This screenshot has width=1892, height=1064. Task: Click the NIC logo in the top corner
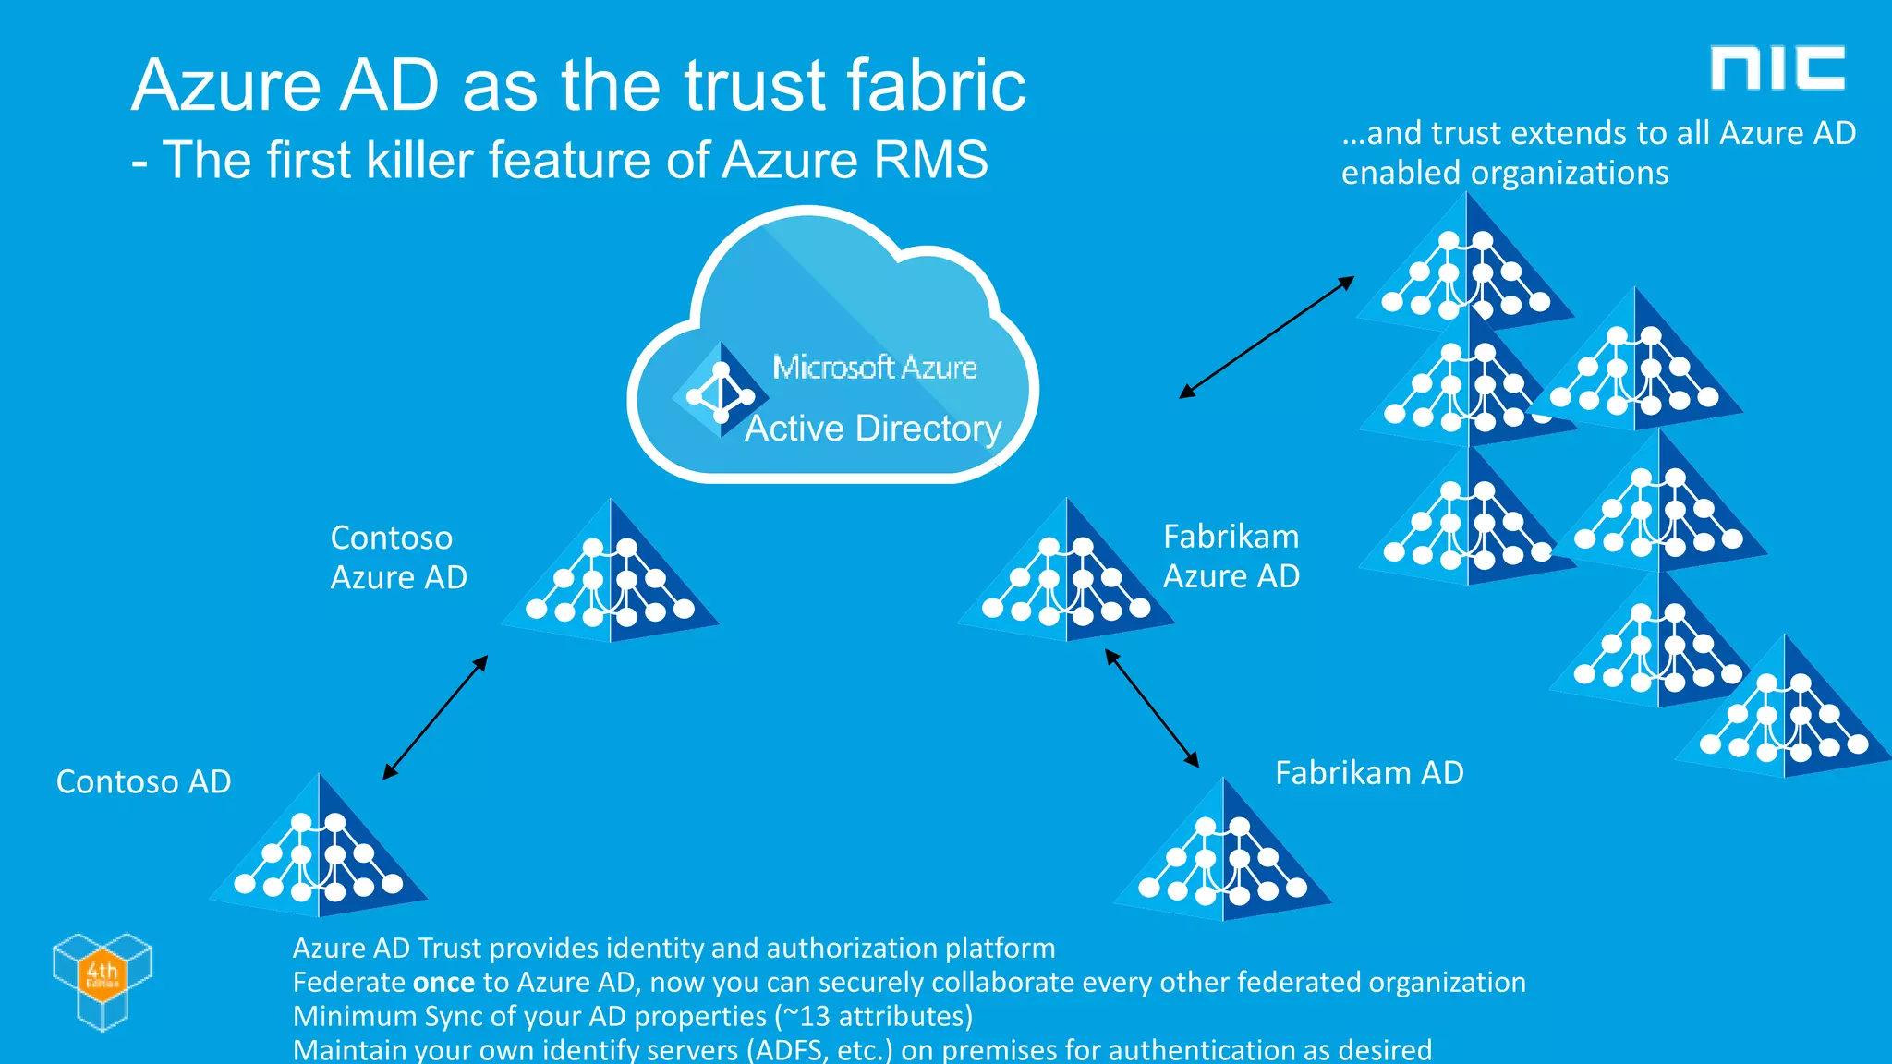click(x=1777, y=68)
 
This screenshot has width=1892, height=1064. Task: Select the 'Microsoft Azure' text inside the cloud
click(x=874, y=368)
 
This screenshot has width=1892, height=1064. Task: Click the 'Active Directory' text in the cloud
click(x=873, y=429)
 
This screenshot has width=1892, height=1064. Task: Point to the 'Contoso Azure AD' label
click(x=398, y=557)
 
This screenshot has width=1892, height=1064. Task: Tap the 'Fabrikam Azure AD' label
click(x=1231, y=556)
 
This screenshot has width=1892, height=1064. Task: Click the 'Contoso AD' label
click(x=143, y=781)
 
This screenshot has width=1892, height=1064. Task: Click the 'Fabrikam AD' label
click(x=1369, y=772)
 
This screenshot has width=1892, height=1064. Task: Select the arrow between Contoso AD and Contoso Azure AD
click(x=435, y=718)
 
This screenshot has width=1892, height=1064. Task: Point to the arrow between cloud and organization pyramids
click(x=1267, y=337)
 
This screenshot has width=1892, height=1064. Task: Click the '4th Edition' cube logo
click(x=103, y=980)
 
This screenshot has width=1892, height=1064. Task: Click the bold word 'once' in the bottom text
click(x=443, y=982)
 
